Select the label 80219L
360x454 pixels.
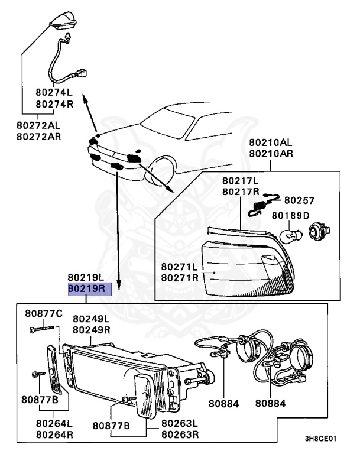tap(86, 277)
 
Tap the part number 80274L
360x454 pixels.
tap(54, 93)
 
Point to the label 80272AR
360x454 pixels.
tap(38, 137)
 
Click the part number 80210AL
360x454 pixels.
tap(271, 143)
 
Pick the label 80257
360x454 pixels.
tap(300, 201)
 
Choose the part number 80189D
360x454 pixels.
tap(290, 215)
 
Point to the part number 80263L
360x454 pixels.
tap(180, 424)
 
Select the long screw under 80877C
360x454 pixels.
tap(37, 333)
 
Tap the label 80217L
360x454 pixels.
tap(241, 180)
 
